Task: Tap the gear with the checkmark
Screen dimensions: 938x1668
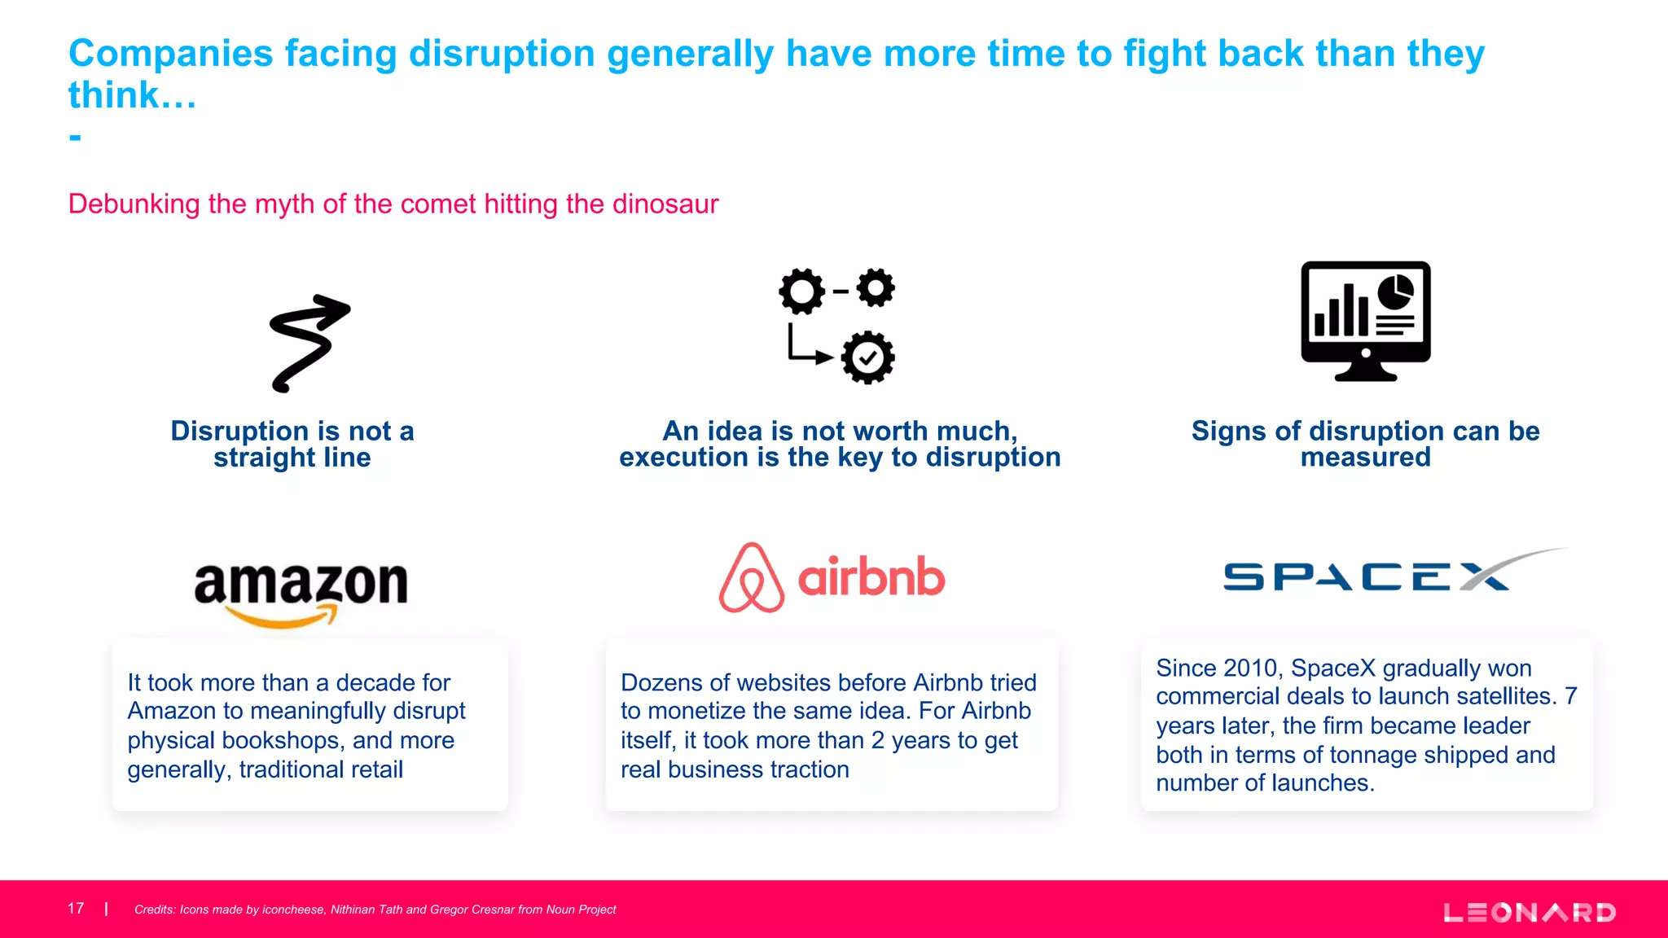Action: tap(867, 357)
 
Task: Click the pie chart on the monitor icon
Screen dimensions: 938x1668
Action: tap(1396, 292)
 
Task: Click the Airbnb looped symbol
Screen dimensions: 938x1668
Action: tap(751, 578)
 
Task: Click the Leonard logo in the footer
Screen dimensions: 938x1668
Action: tap(1530, 912)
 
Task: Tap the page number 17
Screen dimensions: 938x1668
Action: tap(76, 909)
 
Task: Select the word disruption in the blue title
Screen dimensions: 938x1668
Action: tap(502, 54)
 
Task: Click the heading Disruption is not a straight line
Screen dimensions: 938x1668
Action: tap(292, 444)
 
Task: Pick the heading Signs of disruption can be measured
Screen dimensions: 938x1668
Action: tap(1365, 444)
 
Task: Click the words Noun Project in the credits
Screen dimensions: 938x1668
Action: tap(581, 910)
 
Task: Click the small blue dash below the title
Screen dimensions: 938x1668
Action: tap(75, 137)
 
